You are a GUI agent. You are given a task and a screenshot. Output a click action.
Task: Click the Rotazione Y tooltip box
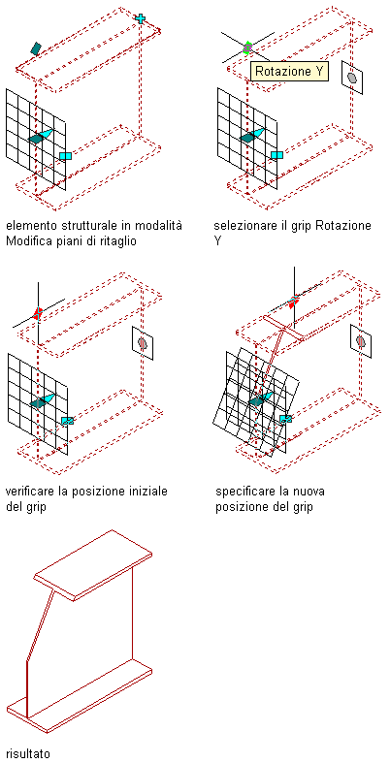[x=290, y=72]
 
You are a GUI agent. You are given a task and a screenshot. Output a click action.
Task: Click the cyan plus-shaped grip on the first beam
[x=141, y=19]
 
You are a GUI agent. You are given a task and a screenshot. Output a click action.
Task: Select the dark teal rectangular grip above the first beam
[x=35, y=48]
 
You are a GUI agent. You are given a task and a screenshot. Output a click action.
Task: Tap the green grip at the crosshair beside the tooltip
[x=247, y=48]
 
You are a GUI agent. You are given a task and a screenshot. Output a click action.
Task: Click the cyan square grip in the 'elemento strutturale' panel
[x=65, y=156]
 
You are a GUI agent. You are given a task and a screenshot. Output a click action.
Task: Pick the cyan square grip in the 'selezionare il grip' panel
[x=276, y=155]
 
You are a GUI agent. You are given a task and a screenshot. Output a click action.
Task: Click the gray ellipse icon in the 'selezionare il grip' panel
[x=352, y=77]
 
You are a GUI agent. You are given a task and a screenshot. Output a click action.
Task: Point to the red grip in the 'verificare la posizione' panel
[x=38, y=312]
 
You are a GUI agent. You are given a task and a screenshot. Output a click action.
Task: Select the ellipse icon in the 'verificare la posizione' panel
[x=143, y=342]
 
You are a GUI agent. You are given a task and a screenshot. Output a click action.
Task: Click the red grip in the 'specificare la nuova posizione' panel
[x=293, y=302]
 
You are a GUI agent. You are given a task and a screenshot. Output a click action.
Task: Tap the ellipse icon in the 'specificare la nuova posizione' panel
[x=361, y=341]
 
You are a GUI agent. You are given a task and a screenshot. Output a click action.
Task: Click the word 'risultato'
[x=28, y=753]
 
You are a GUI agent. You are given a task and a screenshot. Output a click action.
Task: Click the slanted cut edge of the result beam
[x=40, y=624]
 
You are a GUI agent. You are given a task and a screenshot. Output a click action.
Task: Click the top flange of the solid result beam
[x=93, y=565]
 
